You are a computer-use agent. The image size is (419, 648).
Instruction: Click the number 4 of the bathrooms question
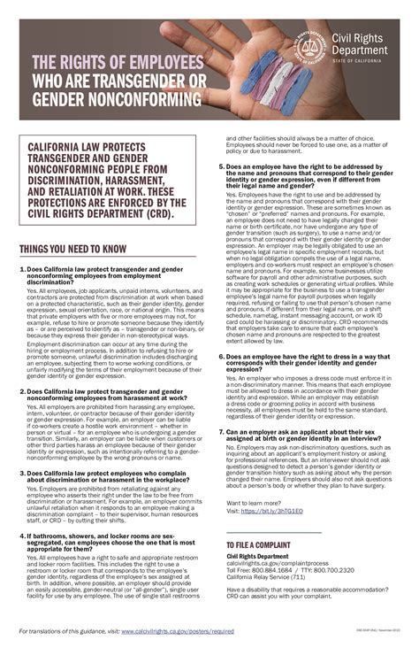click(21, 535)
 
